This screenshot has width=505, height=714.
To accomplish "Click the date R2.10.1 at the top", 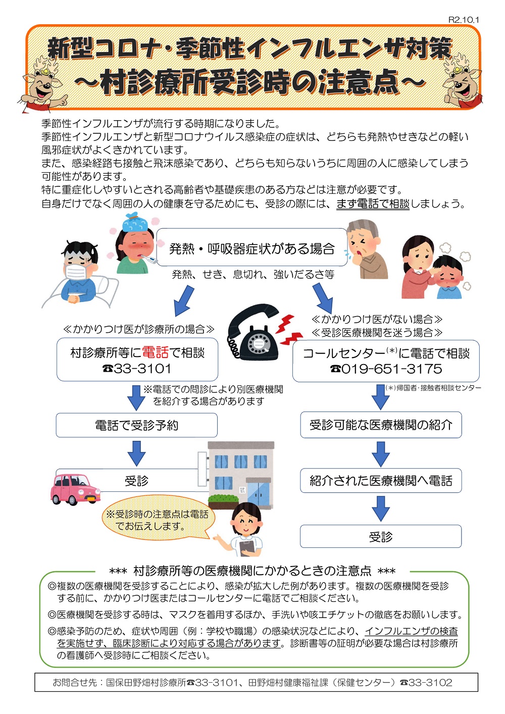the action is click(463, 20).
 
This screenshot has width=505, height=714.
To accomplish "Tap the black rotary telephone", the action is click(253, 332).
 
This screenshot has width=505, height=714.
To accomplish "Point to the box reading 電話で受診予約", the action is click(137, 425).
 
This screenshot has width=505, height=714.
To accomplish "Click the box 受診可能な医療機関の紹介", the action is click(381, 425).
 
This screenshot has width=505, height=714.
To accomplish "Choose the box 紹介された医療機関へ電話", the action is click(381, 480).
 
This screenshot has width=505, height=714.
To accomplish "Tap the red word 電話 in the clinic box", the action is click(155, 352).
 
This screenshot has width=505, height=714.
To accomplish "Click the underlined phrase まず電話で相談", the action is click(373, 203).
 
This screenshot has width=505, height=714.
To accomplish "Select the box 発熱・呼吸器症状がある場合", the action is click(251, 247).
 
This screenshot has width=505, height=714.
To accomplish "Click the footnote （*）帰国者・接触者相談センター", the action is click(433, 388).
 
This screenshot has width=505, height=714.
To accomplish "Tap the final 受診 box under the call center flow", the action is click(381, 537).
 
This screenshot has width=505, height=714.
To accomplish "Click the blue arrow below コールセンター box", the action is click(380, 397).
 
